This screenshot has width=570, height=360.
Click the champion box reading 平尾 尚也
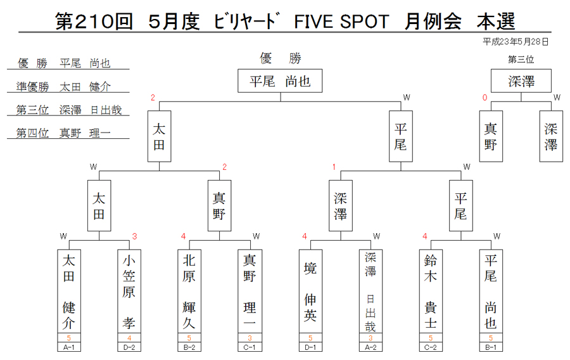280,80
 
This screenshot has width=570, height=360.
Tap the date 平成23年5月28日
516,42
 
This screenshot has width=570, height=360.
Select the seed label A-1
68,347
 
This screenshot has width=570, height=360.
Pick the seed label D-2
129,347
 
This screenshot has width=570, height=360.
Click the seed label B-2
189,347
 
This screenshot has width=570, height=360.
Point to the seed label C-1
250,347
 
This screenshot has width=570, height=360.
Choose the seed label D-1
310,347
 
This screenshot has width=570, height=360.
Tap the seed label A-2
370,347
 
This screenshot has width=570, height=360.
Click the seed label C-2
431,347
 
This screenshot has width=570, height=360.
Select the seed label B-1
491,347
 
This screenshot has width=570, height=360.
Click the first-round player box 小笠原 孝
129,292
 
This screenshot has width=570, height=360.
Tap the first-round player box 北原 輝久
189,292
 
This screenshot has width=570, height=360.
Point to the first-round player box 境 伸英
310,292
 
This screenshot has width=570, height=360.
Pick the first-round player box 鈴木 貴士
431,292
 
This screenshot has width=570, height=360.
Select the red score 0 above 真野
484,98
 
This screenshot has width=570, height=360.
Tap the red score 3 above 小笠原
134,237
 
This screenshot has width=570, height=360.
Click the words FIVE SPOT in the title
341,22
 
